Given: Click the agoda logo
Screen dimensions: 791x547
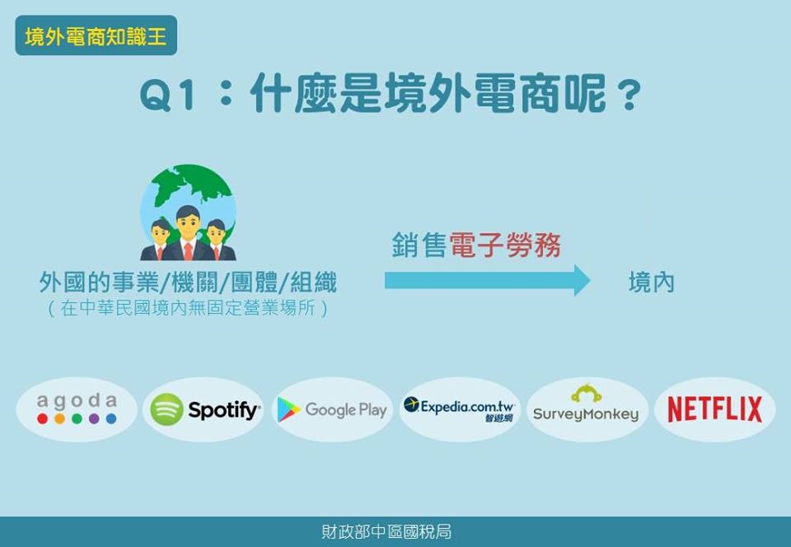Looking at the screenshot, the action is [77, 409].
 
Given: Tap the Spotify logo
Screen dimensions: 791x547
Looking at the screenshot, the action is [205, 409].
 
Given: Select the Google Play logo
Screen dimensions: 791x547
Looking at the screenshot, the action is [332, 409].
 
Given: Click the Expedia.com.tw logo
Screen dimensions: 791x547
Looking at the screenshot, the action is [459, 409].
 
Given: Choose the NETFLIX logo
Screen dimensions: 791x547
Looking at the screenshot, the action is [715, 409].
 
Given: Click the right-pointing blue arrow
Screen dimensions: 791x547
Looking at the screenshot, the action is [487, 280].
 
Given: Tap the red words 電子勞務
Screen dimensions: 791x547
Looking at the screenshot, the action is [504, 245].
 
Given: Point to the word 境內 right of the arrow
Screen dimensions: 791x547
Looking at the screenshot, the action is [651, 282].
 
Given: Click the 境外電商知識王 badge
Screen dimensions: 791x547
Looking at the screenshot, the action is [96, 35].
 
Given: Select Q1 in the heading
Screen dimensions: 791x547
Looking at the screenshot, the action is [167, 95].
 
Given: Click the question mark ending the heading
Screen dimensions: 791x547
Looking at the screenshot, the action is [629, 95].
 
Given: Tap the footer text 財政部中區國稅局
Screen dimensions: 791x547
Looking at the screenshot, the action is [386, 531].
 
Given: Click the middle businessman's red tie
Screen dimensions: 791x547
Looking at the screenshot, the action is [188, 250].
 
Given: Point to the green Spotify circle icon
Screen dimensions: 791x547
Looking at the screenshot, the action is [166, 409].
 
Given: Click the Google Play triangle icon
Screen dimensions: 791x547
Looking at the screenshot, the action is [288, 409].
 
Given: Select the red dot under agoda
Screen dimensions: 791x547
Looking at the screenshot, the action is [43, 418].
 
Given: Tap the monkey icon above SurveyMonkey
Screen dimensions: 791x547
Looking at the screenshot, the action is [586, 393].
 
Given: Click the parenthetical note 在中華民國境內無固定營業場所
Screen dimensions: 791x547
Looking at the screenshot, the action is [188, 307].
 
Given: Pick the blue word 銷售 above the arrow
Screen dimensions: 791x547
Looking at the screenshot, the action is [419, 245].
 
